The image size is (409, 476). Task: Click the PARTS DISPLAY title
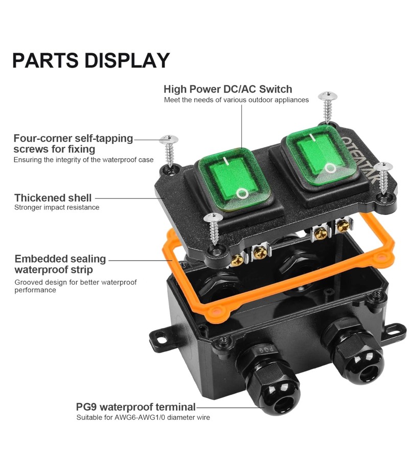[91, 60]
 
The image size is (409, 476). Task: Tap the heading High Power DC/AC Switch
[228, 89]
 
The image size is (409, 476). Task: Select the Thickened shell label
[53, 198]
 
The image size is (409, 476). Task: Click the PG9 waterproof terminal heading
[136, 407]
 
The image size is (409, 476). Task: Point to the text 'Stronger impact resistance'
[57, 207]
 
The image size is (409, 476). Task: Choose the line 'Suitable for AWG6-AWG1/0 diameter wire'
[143, 417]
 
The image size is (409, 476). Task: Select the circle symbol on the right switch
[330, 168]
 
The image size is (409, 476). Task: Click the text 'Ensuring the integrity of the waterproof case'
[83, 160]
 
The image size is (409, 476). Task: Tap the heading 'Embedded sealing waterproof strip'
[60, 264]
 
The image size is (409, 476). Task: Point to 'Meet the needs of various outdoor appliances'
[236, 100]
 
